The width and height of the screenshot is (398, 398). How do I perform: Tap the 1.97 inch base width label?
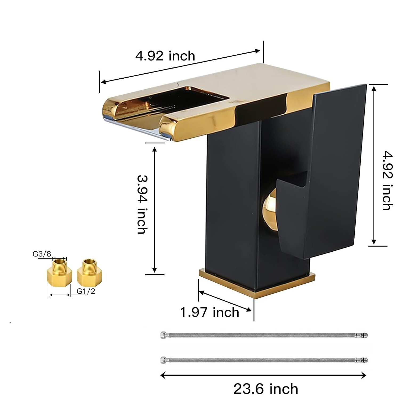(210, 312)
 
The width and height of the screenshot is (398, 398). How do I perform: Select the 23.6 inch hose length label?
(266, 389)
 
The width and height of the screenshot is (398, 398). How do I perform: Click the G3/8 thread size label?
(42, 254)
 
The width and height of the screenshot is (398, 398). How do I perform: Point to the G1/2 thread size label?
(86, 291)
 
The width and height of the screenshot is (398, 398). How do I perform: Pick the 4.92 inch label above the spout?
(165, 56)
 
